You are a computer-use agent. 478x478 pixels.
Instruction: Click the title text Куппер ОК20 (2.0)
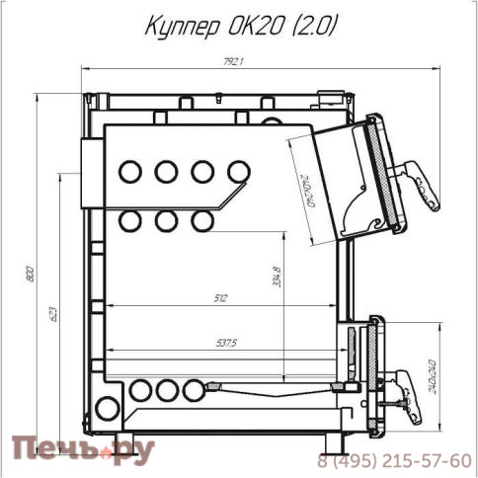(x=241, y=26)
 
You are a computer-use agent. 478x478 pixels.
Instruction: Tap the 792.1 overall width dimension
(x=233, y=62)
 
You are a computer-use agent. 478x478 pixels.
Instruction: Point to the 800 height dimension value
(x=30, y=273)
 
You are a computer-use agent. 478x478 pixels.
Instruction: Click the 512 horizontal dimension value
(x=220, y=298)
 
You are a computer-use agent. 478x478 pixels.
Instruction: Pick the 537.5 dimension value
(x=226, y=344)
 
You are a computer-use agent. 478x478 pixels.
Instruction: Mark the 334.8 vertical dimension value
(x=278, y=277)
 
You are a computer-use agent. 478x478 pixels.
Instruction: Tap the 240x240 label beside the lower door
(x=433, y=377)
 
